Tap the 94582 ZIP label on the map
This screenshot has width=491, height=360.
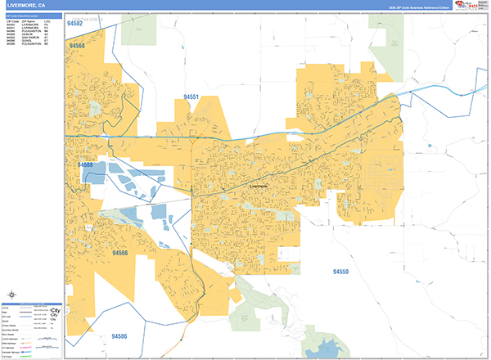[75, 25]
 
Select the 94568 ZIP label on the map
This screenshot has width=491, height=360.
[78, 46]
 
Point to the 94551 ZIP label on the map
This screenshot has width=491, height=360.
[191, 97]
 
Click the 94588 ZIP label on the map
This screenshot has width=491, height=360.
[85, 165]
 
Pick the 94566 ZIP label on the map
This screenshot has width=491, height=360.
[119, 254]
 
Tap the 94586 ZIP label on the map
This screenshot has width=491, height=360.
[119, 335]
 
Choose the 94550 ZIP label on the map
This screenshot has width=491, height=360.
[340, 272]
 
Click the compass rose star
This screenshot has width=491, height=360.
[12, 295]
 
